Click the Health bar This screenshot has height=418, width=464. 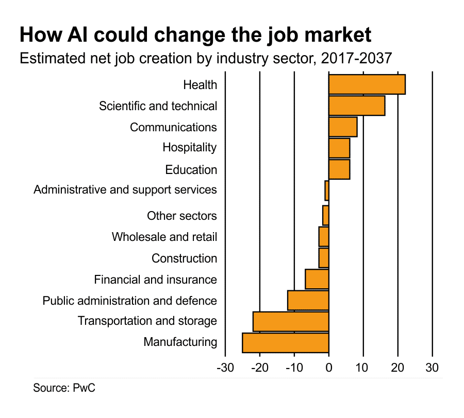[x=367, y=84]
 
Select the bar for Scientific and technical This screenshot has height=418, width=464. [x=356, y=106]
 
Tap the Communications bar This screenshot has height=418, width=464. [x=342, y=127]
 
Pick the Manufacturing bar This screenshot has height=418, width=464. [x=285, y=342]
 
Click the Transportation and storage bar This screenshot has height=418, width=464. [x=291, y=321]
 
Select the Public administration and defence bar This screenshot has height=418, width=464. [x=308, y=300]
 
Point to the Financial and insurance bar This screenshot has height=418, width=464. [x=317, y=279]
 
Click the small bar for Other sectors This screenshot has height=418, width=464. [x=326, y=215]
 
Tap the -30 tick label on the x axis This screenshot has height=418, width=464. [x=225, y=368]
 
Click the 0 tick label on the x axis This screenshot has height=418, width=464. [x=329, y=368]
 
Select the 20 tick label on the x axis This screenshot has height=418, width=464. [x=397, y=368]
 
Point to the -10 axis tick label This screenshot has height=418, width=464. [x=294, y=368]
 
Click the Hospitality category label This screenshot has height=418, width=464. [x=189, y=147]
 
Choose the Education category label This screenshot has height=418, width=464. [x=191, y=169]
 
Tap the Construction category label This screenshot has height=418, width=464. [x=184, y=258]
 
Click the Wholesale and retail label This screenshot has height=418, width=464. [x=164, y=237]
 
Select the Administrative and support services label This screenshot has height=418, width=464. [x=125, y=189]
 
